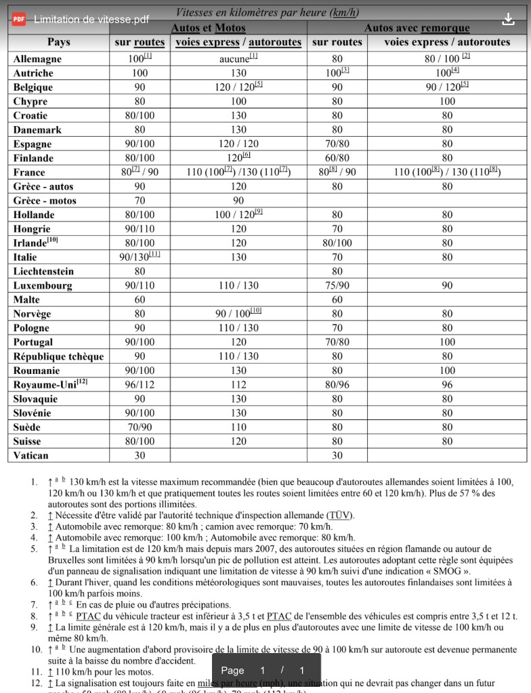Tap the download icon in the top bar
click(x=508, y=19)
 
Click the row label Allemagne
click(x=37, y=59)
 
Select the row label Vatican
click(x=31, y=456)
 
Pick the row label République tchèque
click(x=59, y=356)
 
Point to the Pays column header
click(x=59, y=42)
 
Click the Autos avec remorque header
click(x=417, y=28)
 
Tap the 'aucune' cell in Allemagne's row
click(x=235, y=59)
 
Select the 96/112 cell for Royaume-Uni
click(x=140, y=385)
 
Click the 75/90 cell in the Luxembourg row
click(x=337, y=286)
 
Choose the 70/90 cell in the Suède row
click(x=140, y=427)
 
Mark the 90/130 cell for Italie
click(x=135, y=257)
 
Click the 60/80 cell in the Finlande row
click(x=337, y=158)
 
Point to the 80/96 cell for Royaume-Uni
click(x=337, y=385)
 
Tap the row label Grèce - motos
click(x=45, y=201)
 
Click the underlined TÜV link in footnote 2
click(x=339, y=515)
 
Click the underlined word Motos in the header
click(x=230, y=28)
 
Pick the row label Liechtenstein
click(x=43, y=272)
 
